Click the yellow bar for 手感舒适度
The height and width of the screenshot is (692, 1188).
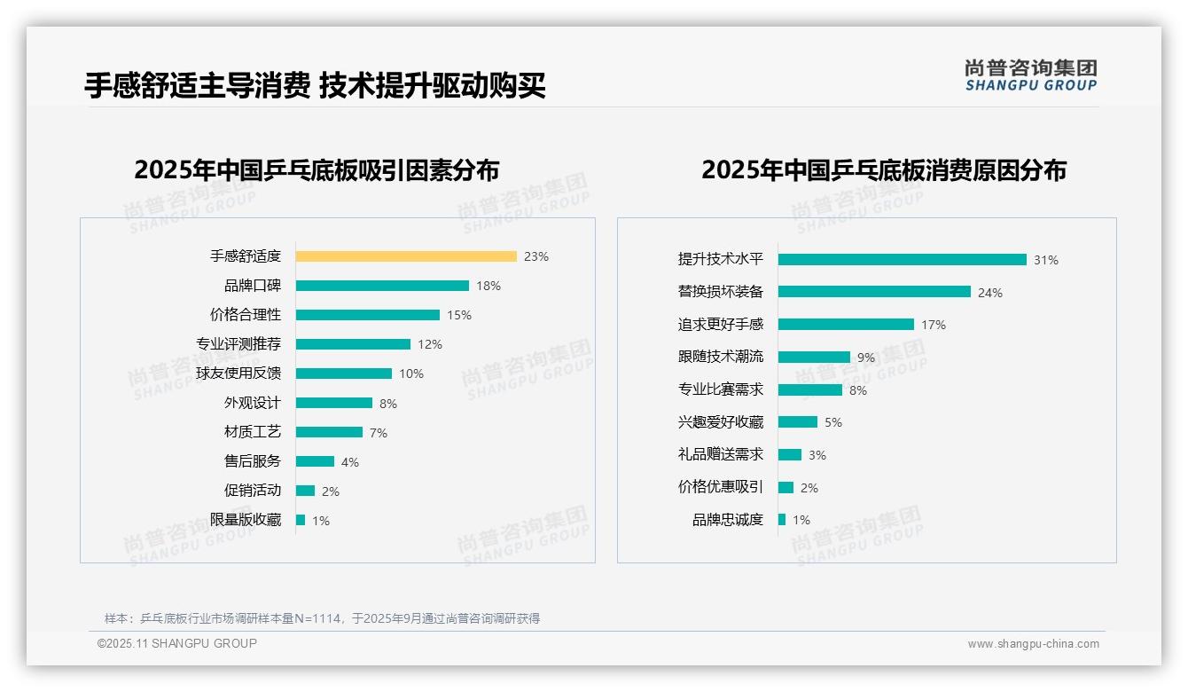(406, 256)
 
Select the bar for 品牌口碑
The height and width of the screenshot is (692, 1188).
(382, 286)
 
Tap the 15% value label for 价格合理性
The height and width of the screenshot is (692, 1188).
(459, 315)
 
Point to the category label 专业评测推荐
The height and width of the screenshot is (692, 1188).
(238, 344)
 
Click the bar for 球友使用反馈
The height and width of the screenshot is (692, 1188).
(344, 374)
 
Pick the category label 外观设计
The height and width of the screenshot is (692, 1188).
(253, 403)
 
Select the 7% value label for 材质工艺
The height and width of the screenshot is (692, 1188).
(379, 433)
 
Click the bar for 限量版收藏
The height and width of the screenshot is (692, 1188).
(301, 520)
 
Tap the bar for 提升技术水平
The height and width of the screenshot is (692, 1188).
(903, 260)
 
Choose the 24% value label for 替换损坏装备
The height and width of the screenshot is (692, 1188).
(990, 293)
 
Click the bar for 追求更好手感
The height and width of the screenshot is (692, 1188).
(846, 325)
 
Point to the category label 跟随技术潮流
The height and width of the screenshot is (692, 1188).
(721, 357)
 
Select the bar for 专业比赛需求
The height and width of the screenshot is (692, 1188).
(810, 389)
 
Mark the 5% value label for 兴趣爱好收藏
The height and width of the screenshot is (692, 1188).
(833, 422)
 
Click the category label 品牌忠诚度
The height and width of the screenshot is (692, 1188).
(728, 520)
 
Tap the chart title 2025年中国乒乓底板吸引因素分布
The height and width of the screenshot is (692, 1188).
(317, 170)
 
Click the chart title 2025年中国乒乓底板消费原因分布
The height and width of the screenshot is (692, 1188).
(884, 170)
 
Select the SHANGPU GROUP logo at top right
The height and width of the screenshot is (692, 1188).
(1031, 75)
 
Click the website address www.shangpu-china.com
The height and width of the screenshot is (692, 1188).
(1033, 644)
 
